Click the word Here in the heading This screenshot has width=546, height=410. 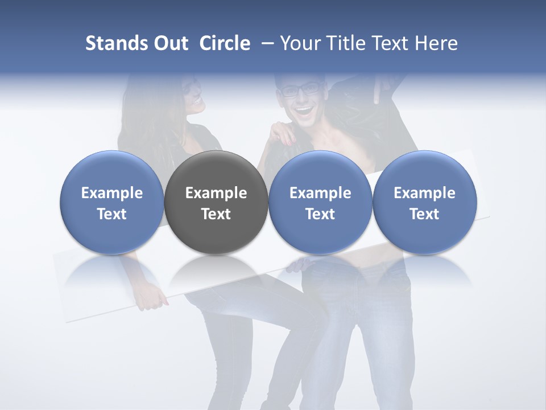click(x=436, y=43)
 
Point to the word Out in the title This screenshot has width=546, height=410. click(x=168, y=43)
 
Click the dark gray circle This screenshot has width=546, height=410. click(x=216, y=202)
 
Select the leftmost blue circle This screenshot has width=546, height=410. click(x=112, y=202)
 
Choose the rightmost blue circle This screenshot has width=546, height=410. click(x=424, y=202)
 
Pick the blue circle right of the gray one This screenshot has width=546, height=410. click(x=320, y=202)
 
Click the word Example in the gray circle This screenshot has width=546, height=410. click(x=216, y=193)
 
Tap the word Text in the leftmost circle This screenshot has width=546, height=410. click(x=112, y=214)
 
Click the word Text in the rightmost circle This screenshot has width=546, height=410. click(x=424, y=214)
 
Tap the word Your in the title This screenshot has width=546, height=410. click(x=299, y=43)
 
